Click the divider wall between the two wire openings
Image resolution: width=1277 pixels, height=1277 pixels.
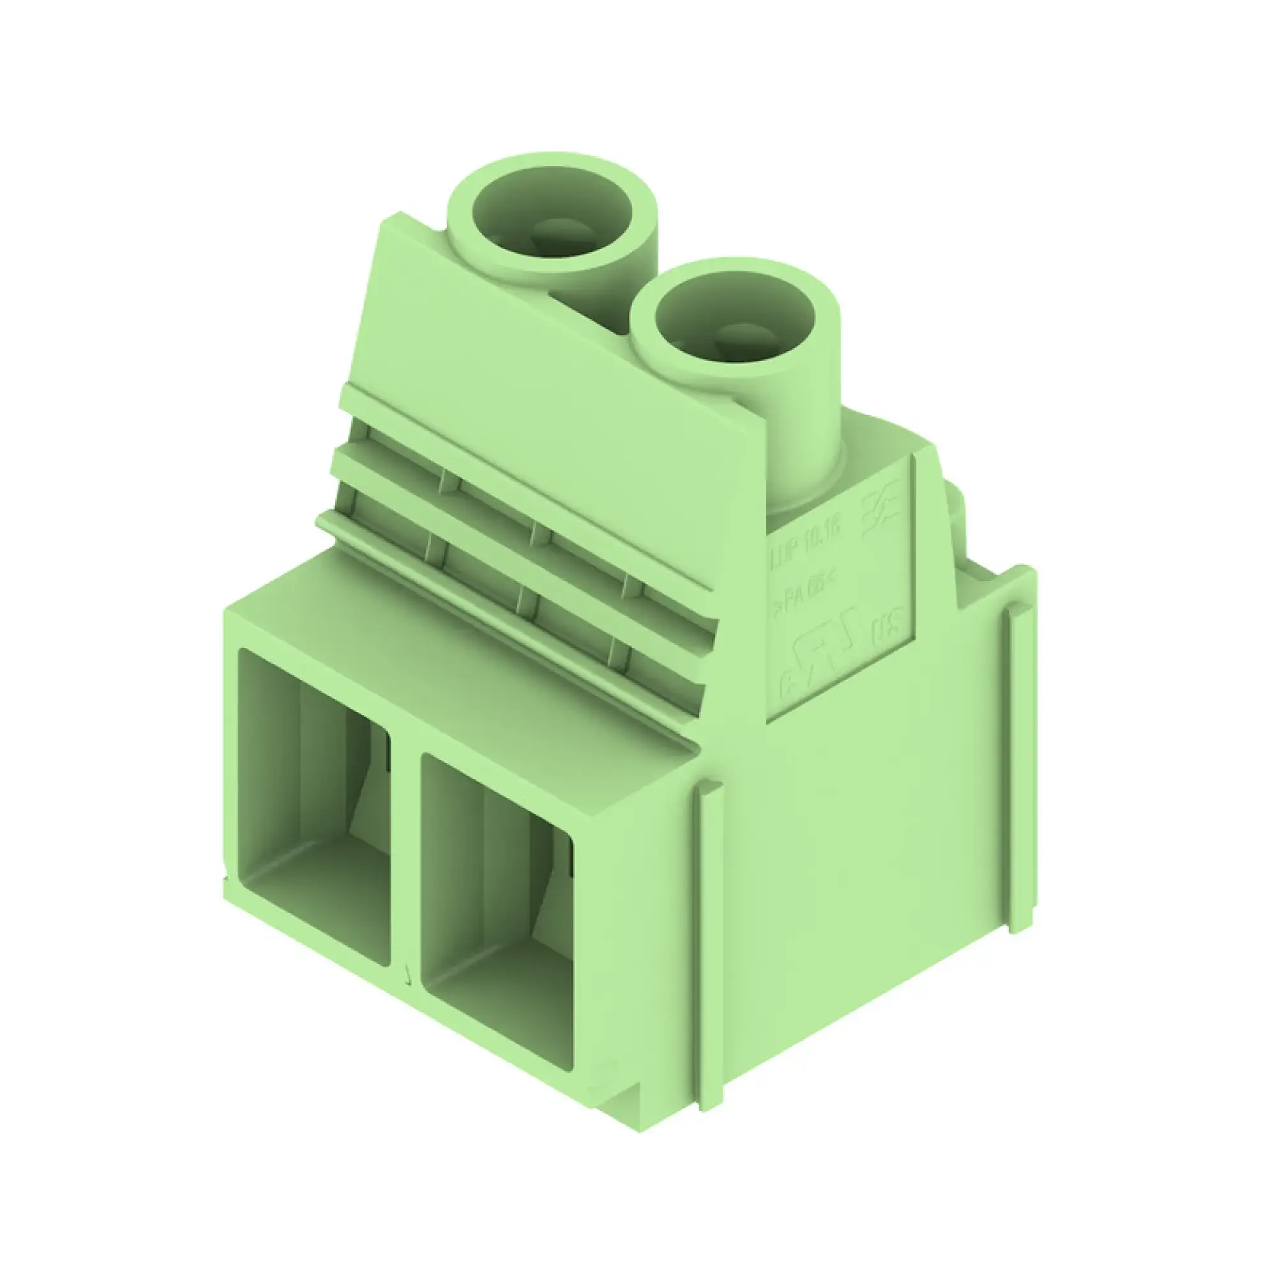[405, 859]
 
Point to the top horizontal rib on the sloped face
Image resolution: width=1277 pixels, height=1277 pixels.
[529, 456]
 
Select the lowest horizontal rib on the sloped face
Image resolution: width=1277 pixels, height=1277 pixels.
[502, 608]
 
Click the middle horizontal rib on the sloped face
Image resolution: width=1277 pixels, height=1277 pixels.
[515, 529]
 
